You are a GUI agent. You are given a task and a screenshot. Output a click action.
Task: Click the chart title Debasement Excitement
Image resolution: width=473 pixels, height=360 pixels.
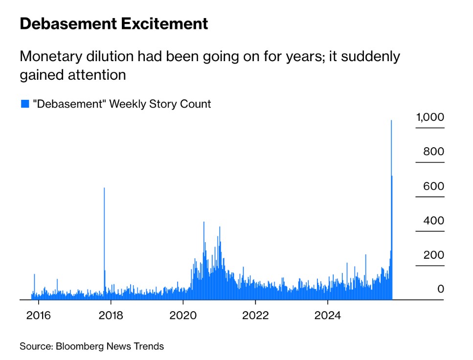113,23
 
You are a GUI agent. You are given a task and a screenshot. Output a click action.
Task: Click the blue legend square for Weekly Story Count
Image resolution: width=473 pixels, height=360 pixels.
24,104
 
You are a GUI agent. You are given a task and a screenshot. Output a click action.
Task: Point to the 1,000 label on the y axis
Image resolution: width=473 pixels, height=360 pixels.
430,117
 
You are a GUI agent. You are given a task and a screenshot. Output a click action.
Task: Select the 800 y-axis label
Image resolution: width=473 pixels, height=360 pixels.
433,152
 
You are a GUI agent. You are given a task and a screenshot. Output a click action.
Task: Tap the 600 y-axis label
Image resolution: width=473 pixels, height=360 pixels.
433,186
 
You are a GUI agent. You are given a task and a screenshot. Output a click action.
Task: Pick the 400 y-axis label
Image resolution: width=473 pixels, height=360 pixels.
433,221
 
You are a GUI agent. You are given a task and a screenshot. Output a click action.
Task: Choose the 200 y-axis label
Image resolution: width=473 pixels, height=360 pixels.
433,255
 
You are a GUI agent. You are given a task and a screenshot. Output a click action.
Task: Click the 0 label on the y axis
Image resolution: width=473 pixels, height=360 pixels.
440,290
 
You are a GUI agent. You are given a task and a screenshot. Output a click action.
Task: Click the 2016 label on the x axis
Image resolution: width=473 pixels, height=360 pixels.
38,315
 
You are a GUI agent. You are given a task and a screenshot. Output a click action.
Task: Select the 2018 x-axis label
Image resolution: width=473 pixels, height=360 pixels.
111,315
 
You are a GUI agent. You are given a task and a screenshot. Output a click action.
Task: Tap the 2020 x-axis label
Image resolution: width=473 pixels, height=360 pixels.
183,315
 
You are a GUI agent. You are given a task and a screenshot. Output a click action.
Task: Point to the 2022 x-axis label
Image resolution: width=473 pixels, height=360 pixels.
255,315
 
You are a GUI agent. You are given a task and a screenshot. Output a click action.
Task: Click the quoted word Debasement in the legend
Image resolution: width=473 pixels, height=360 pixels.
69,104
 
